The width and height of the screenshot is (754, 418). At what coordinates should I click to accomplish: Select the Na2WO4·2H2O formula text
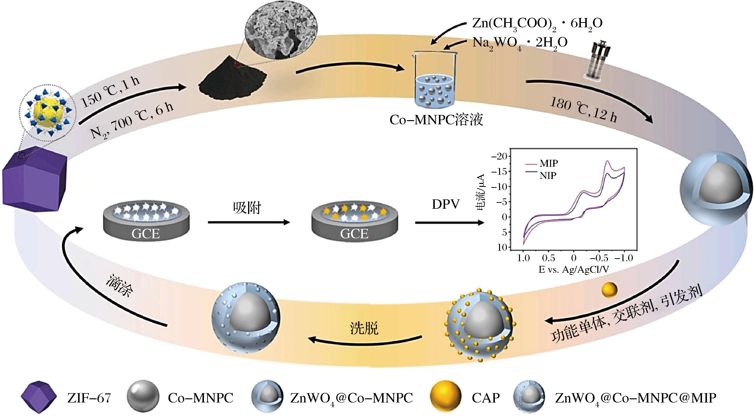click(x=520, y=43)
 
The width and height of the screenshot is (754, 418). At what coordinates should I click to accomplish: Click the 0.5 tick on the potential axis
click(x=548, y=258)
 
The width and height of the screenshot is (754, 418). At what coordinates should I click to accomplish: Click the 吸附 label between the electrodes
click(x=247, y=208)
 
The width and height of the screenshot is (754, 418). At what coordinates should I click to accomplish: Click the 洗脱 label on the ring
click(x=364, y=328)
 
